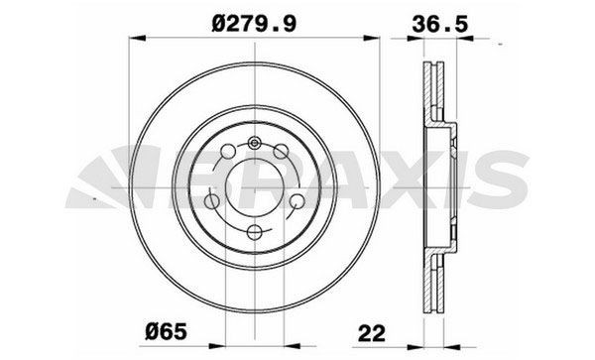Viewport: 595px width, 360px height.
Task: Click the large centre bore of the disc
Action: pos(254,188)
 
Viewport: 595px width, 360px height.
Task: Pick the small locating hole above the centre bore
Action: pos(254,143)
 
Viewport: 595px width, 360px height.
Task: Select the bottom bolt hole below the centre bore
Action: pos(254,233)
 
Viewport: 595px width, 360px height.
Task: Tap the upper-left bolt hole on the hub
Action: pos(227,152)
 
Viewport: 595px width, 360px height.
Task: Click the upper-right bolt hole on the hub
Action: pos(281,152)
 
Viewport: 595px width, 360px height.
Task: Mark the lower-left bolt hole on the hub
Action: pos(213,202)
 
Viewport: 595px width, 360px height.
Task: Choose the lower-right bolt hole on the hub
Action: pos(295,202)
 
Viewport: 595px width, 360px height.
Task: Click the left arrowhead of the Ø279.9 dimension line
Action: pos(136,41)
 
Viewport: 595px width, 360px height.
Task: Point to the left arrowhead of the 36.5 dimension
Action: pos(416,41)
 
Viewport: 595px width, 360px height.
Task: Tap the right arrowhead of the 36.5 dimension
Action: pos(463,41)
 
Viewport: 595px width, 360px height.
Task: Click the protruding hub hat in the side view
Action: pos(451,188)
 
